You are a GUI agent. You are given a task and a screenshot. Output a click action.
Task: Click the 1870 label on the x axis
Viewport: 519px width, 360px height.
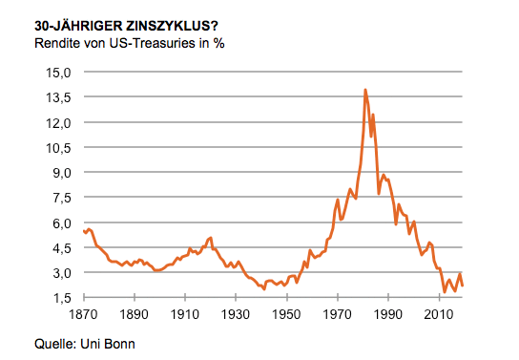pyautogui.click(x=83, y=314)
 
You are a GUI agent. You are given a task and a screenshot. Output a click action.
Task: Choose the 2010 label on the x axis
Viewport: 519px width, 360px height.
pyautogui.click(x=439, y=314)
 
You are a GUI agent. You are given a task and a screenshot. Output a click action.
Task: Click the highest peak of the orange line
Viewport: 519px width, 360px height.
pyautogui.click(x=365, y=91)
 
